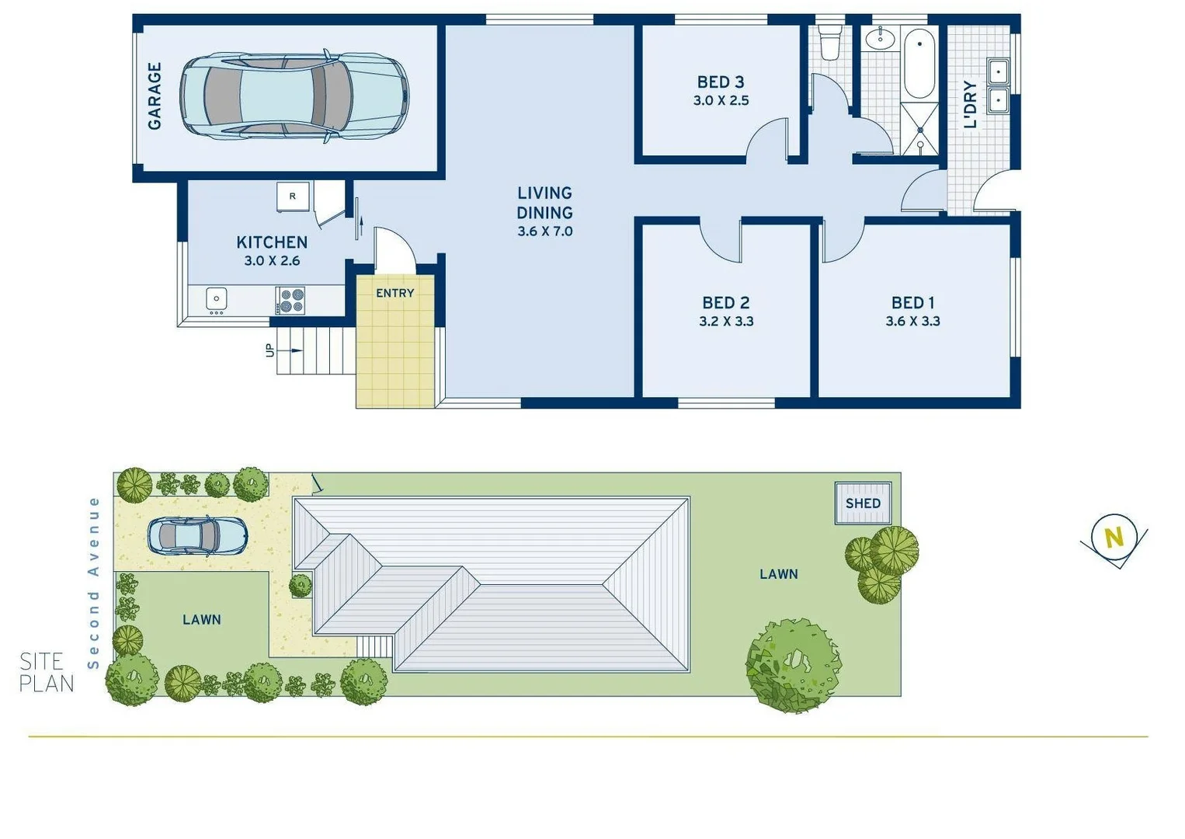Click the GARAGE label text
[x=155, y=96]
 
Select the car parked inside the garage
[x=294, y=97]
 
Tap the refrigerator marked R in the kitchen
[x=293, y=197]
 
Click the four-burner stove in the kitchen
[x=291, y=301]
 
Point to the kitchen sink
[x=217, y=299]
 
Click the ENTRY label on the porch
[x=394, y=293]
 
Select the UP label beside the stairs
[x=269, y=350]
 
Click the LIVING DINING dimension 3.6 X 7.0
[x=545, y=232]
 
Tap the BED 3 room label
[x=721, y=82]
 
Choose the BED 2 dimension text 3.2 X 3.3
[x=726, y=322]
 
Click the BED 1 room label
[x=912, y=302]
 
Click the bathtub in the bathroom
[x=920, y=64]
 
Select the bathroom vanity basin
[x=881, y=38]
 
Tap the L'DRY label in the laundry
[x=970, y=105]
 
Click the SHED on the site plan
[x=863, y=503]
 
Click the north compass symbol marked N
[x=1114, y=538]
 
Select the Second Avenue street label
[x=94, y=583]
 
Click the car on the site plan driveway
[x=198, y=536]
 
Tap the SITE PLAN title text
[x=47, y=673]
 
